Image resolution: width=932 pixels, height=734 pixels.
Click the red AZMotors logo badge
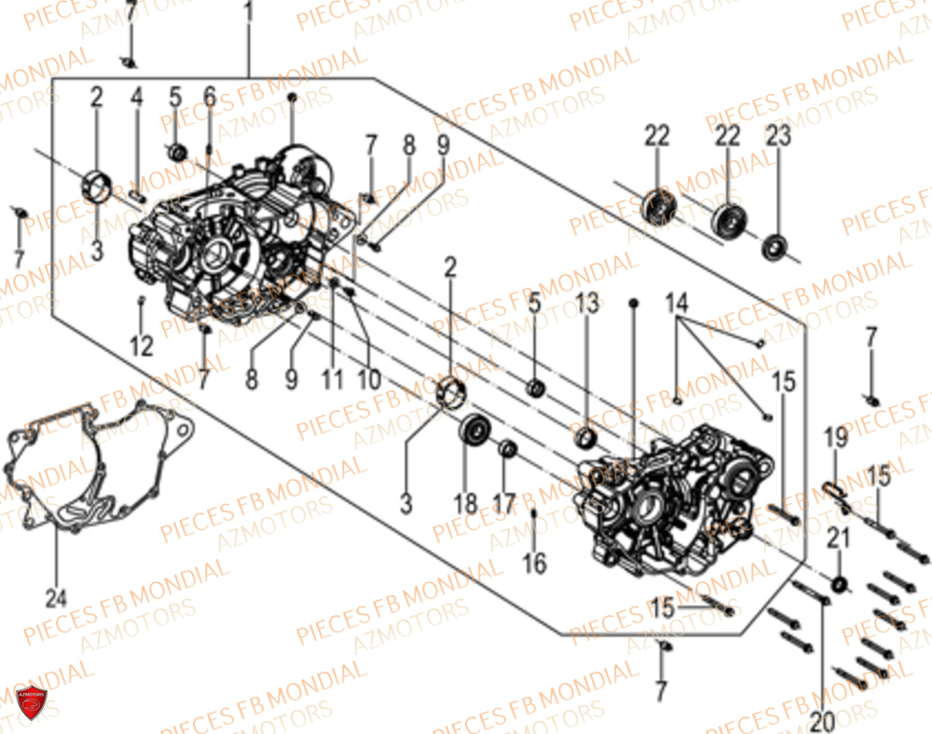point(33,701)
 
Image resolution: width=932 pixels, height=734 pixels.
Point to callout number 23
point(778,136)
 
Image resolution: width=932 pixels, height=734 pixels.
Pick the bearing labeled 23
point(774,248)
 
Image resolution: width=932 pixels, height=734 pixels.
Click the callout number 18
point(466,503)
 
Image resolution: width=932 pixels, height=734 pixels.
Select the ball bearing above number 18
point(475,431)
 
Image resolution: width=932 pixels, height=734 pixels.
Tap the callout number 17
point(504,503)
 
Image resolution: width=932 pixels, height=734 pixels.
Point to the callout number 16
point(534,563)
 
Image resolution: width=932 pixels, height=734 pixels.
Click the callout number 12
point(141,347)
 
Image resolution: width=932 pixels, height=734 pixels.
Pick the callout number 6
point(209,97)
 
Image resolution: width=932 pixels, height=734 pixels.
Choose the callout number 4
point(137,97)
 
